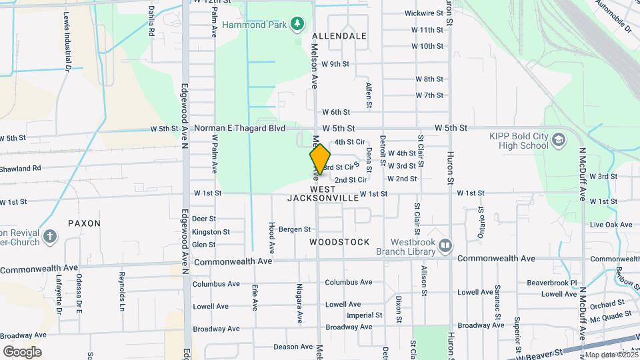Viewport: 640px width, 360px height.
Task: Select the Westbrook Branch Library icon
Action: tap(445, 247)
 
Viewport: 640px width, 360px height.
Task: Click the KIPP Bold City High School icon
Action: tap(558, 141)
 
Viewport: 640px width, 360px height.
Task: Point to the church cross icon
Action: tap(50, 236)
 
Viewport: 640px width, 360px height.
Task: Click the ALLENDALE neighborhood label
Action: tap(339, 36)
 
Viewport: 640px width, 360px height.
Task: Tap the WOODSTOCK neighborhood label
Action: tap(339, 242)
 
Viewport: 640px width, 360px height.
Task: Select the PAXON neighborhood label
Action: tap(84, 223)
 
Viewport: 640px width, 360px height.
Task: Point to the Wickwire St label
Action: tap(423, 13)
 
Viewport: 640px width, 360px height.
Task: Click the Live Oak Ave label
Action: tap(611, 225)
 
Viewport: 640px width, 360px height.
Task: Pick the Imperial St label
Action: tap(364, 315)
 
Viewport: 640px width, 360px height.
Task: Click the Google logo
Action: tap(22, 351)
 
